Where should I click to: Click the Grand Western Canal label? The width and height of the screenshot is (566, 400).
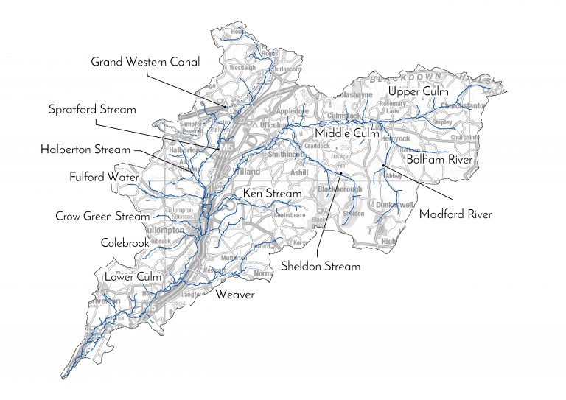click(145, 62)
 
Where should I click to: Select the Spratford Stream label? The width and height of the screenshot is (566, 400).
click(92, 110)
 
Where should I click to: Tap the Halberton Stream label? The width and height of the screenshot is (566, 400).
click(85, 150)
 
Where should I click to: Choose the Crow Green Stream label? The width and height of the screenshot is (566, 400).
click(102, 217)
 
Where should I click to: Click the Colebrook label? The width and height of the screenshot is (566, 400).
click(125, 242)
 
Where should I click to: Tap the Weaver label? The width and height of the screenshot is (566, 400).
click(234, 295)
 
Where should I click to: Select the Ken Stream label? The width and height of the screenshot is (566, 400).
click(273, 194)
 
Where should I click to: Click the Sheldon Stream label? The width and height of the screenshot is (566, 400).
click(321, 266)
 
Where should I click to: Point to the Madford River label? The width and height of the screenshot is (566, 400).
click(455, 214)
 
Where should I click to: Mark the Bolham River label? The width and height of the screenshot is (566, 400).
click(439, 158)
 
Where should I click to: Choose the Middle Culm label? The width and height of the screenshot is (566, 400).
click(346, 133)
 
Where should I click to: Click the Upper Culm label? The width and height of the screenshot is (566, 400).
click(418, 91)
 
